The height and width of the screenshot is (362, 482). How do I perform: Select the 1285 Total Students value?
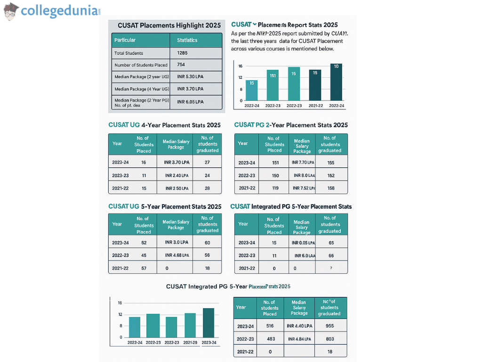pyautogui.click(x=182, y=53)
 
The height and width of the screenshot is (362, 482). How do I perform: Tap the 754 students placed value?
pyautogui.click(x=181, y=65)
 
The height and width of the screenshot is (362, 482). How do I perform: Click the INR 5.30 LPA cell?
pyautogui.click(x=190, y=76)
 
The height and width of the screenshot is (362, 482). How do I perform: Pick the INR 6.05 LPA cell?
pyautogui.click(x=190, y=101)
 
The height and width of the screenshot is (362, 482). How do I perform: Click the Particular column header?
pyautogui.click(x=125, y=40)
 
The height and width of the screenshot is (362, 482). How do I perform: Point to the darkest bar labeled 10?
pyautogui.click(x=336, y=82)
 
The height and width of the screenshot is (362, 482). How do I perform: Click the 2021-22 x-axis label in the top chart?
pyautogui.click(x=315, y=106)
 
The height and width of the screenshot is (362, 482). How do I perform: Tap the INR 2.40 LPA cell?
pyautogui.click(x=177, y=175)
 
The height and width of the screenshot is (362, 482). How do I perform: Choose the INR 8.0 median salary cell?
pyautogui.click(x=304, y=175)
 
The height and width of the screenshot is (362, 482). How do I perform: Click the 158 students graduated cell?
pyautogui.click(x=330, y=188)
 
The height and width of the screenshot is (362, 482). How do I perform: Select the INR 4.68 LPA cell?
pyautogui.click(x=177, y=255)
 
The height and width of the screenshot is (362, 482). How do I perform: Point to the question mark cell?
pyautogui.click(x=331, y=268)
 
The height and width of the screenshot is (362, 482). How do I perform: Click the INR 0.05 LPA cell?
pyautogui.click(x=301, y=243)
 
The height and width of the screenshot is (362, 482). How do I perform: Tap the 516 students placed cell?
pyautogui.click(x=270, y=326)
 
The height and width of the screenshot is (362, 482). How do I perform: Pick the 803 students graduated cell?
pyautogui.click(x=329, y=338)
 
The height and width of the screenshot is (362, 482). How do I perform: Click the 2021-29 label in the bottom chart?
pyautogui.click(x=190, y=343)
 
